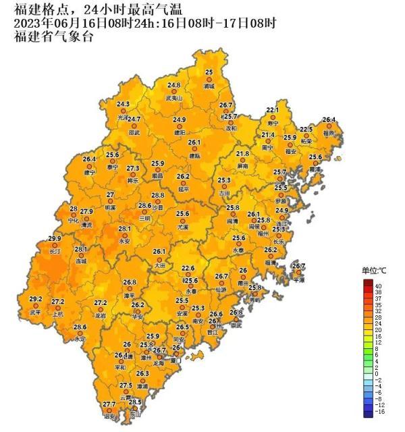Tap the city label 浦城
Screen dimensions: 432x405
pyautogui.click(x=209, y=87)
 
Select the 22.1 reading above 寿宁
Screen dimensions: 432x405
pyautogui.click(x=272, y=109)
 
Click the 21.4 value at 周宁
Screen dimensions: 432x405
pyautogui.click(x=268, y=135)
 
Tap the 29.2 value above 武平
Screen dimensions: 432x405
pyautogui.click(x=36, y=299)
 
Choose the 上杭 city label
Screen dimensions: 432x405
pyautogui.click(x=58, y=315)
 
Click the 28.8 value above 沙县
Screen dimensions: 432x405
pyautogui.click(x=157, y=196)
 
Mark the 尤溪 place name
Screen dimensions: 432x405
pyautogui.click(x=182, y=227)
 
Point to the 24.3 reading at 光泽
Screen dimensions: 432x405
pyautogui.click(x=123, y=105)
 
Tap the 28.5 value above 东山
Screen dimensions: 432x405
pyautogui.click(x=135, y=402)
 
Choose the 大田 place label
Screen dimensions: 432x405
pyautogui.click(x=159, y=265)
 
